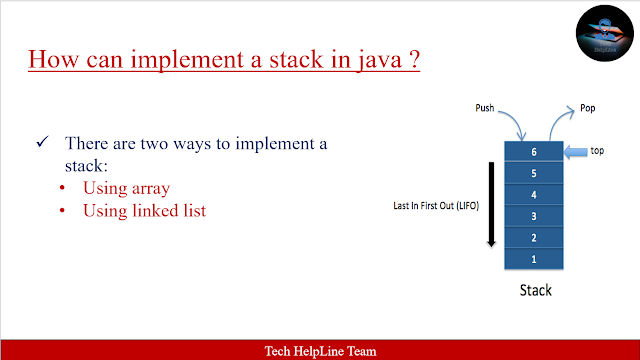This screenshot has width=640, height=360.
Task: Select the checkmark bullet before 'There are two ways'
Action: click(x=43, y=144)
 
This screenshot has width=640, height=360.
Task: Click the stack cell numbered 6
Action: click(x=534, y=151)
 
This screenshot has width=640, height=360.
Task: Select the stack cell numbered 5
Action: click(x=534, y=173)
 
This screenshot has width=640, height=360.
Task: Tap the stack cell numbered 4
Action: click(x=534, y=194)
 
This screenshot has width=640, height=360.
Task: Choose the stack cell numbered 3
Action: click(x=534, y=216)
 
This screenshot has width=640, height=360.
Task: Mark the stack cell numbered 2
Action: click(x=534, y=237)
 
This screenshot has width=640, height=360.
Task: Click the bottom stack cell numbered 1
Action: click(x=534, y=259)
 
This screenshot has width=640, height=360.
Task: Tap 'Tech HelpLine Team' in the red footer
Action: click(x=320, y=350)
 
